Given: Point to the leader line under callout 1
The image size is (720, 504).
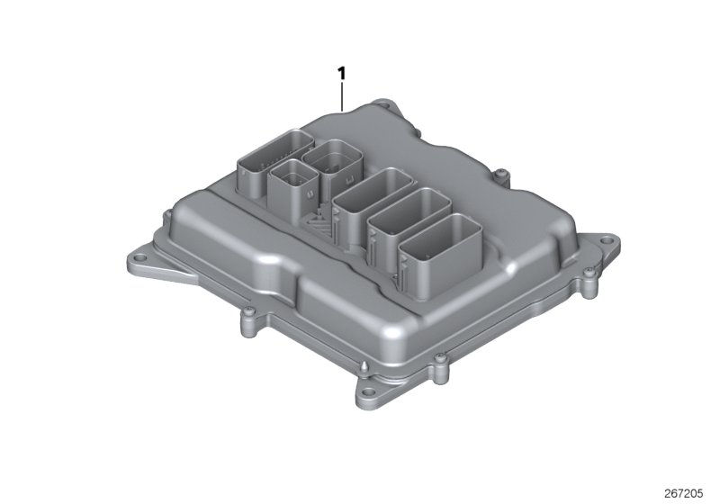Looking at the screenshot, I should (342, 94).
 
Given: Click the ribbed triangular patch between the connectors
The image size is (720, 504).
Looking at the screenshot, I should (320, 220).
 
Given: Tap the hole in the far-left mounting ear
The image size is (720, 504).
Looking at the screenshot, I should (135, 261).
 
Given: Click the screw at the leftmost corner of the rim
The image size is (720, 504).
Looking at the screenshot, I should (166, 216).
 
